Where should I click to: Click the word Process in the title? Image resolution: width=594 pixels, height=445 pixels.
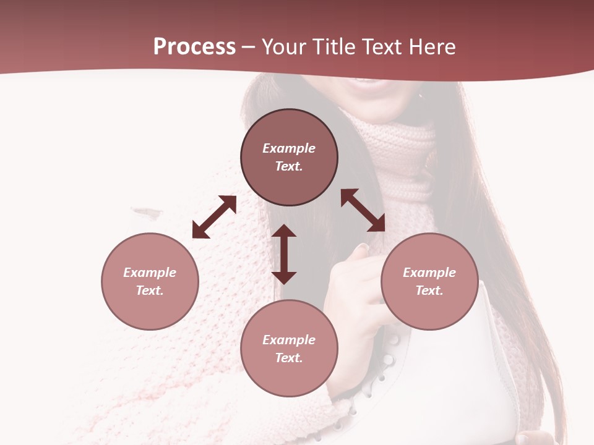(x=194, y=47)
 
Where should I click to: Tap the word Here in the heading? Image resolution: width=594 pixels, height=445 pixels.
(x=430, y=47)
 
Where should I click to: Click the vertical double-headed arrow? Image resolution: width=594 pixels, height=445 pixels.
(x=284, y=254)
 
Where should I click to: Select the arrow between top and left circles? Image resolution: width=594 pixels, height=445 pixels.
(x=214, y=217)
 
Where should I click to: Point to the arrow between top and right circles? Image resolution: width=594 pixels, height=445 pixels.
(x=363, y=211)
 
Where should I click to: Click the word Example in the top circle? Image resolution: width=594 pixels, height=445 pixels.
(x=289, y=148)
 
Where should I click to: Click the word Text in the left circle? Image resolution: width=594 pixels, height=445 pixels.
(x=150, y=290)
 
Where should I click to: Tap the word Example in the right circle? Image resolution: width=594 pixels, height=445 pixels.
(x=429, y=273)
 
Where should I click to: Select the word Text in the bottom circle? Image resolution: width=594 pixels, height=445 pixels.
(x=289, y=358)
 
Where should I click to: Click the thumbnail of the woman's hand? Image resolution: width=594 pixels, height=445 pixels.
(x=362, y=248)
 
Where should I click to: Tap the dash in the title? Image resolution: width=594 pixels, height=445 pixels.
(x=249, y=47)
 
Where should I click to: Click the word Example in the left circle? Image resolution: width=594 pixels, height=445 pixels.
(x=150, y=273)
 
